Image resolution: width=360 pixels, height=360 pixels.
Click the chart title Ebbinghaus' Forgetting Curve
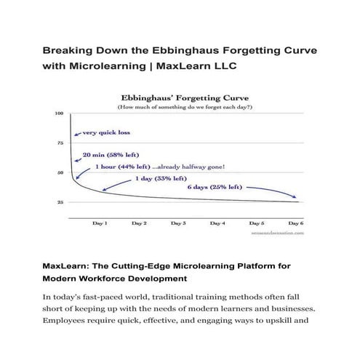(180, 95)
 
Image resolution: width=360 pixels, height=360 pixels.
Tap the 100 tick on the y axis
(60, 113)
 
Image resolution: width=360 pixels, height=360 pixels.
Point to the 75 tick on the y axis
(60, 143)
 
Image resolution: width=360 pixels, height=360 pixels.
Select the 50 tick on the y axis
(60, 172)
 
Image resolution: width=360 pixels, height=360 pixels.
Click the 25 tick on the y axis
(60, 201)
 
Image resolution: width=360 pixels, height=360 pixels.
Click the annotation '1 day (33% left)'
(161, 177)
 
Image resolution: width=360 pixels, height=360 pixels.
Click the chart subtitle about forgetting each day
(180, 106)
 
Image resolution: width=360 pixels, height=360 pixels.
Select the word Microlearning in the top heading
(114, 66)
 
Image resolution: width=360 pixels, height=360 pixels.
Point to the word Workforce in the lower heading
(110, 278)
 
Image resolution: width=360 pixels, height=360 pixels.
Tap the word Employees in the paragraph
(71, 319)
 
